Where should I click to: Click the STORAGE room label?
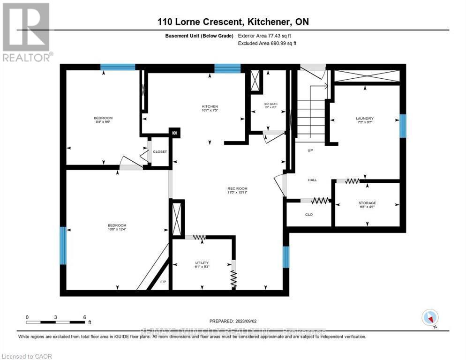tap(367, 202)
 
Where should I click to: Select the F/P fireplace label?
tap(163, 282)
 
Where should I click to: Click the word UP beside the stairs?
tap(310, 150)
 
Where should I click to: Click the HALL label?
tap(312, 180)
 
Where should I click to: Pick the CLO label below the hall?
tap(309, 215)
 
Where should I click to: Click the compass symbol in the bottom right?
tap(429, 317)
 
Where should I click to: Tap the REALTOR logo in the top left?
tap(27, 33)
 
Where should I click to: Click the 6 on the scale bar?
tap(84, 317)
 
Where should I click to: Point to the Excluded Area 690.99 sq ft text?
tap(267, 43)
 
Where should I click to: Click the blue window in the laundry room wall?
tap(402, 126)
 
